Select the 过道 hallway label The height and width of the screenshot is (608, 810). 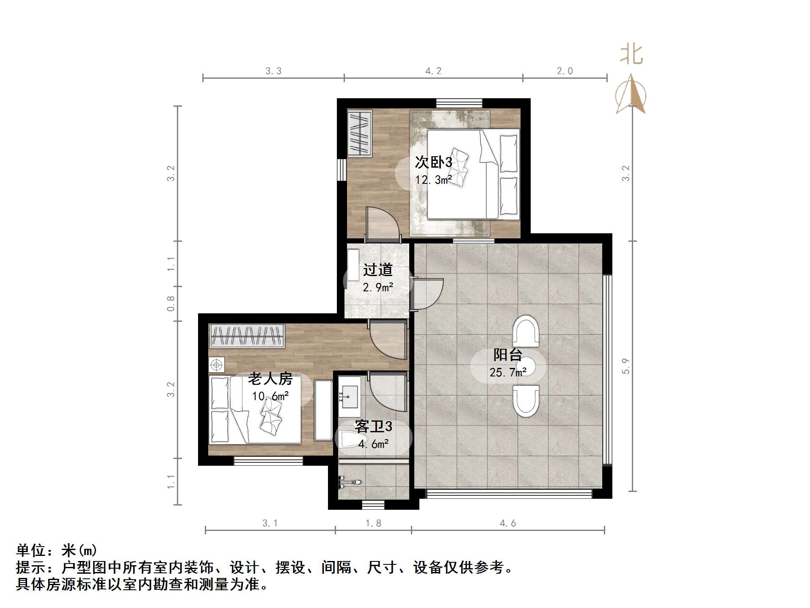point(377,270)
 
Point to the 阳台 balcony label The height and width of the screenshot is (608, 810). point(507,355)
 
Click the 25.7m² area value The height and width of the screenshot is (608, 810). point(508,373)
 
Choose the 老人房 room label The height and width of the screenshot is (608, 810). point(270,379)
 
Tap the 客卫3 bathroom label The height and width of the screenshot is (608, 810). point(373,426)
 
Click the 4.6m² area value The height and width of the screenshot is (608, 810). point(373,444)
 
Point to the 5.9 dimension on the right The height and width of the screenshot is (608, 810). point(626,366)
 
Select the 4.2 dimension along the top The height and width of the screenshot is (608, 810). point(433,71)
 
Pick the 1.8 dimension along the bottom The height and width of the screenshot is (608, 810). point(373,523)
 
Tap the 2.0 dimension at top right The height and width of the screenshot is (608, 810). point(565,71)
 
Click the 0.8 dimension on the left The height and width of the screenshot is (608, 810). point(171,304)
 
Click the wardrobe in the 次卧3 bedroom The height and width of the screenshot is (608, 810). point(359,133)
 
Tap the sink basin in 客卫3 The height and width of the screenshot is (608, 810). point(350,396)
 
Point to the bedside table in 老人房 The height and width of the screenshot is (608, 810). point(217,365)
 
